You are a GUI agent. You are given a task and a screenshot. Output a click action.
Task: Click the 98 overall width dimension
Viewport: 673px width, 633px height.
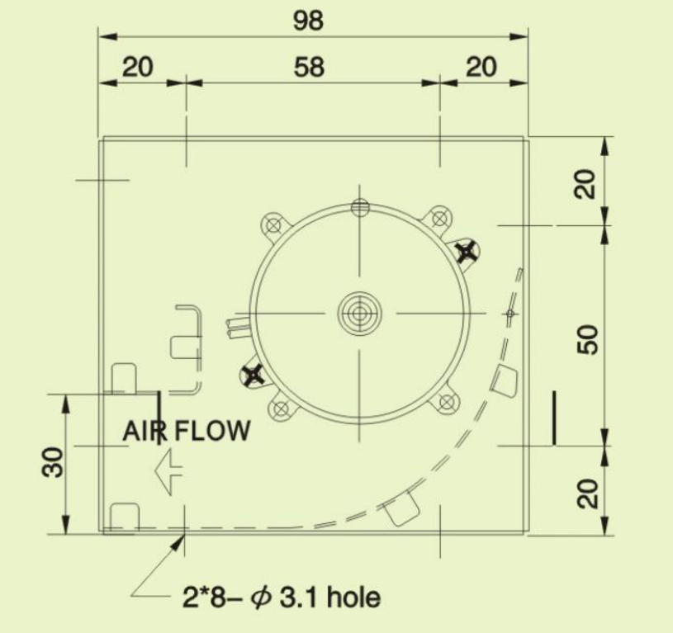(308, 20)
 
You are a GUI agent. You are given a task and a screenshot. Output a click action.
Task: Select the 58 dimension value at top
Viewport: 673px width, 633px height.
(309, 67)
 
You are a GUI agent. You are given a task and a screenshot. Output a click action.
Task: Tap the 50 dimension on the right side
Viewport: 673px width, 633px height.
(587, 340)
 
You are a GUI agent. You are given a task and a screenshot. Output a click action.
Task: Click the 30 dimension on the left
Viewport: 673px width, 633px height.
(52, 462)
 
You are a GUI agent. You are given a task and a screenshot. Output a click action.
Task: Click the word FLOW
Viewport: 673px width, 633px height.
(212, 431)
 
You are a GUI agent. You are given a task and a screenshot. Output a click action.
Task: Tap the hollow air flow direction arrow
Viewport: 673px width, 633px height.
(168, 472)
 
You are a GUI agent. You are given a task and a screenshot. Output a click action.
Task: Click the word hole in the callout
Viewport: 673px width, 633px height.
(353, 597)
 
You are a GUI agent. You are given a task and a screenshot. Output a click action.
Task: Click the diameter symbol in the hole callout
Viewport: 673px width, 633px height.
(261, 597)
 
